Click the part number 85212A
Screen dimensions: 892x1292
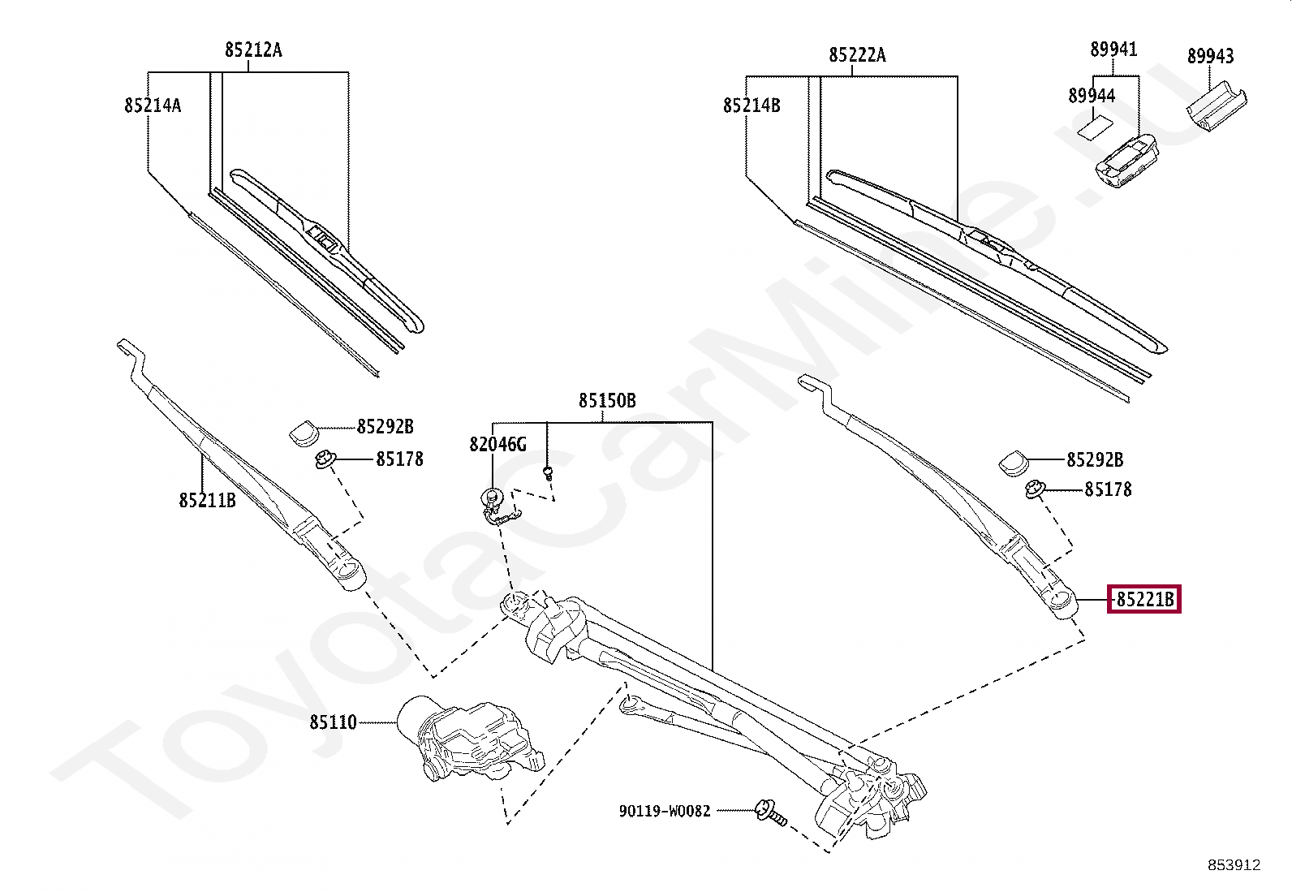pos(253,50)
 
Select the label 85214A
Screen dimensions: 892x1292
pos(153,105)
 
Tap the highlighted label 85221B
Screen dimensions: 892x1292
pos(1145,600)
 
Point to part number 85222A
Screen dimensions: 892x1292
pos(857,55)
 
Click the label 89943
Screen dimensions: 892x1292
pos(1210,56)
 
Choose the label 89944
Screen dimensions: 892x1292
pos(1091,96)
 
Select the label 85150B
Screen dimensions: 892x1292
pos(607,401)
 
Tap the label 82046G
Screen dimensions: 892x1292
pos(497,445)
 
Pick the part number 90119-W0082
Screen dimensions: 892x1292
pos(663,810)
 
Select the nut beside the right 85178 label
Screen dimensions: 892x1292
pos(1034,490)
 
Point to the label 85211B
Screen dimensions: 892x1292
pos(207,500)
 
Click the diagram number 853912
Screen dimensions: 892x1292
pos(1233,865)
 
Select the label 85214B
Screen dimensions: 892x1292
pos(752,105)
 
